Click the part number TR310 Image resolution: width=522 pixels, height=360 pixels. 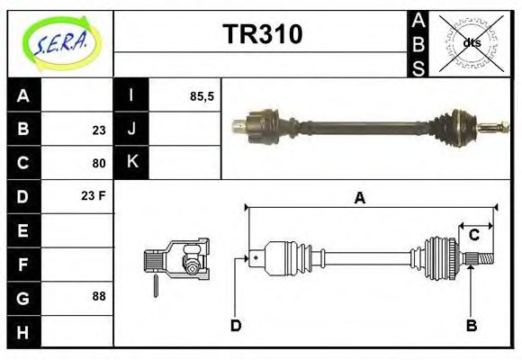point(262,34)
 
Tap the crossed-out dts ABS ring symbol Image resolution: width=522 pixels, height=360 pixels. point(471,42)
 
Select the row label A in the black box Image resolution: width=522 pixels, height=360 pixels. point(23,95)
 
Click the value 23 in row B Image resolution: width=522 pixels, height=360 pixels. point(98,130)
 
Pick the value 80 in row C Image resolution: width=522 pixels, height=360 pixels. point(98,164)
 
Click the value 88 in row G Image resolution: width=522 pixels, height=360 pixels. point(98,296)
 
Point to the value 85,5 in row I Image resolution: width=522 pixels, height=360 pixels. point(202,95)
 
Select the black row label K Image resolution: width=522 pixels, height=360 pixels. point(131,163)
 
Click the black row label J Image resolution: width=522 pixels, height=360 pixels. point(131,130)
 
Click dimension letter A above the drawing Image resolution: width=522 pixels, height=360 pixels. point(359,198)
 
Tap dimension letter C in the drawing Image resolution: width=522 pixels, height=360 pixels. point(473,236)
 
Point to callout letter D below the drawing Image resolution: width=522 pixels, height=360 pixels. point(236,325)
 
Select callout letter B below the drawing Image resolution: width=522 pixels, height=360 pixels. point(471,325)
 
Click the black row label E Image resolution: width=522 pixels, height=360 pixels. point(23,230)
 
